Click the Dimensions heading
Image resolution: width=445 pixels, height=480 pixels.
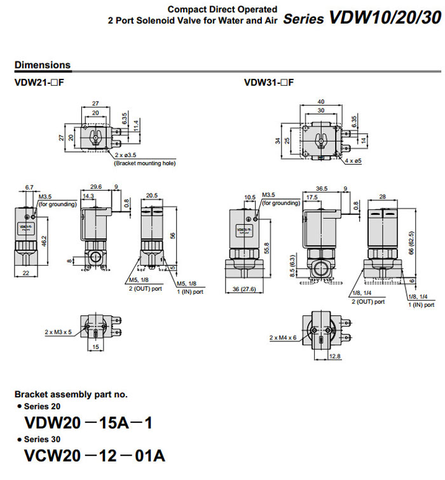[43, 65]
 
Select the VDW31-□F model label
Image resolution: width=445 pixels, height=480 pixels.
[269, 82]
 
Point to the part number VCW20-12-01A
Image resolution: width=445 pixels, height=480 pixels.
[95, 456]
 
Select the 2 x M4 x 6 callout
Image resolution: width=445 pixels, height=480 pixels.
[283, 337]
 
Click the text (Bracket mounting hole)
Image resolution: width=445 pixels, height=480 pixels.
[144, 163]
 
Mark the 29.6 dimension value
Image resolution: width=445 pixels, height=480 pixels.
[96, 187]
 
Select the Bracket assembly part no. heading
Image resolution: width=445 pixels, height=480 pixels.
[71, 394]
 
